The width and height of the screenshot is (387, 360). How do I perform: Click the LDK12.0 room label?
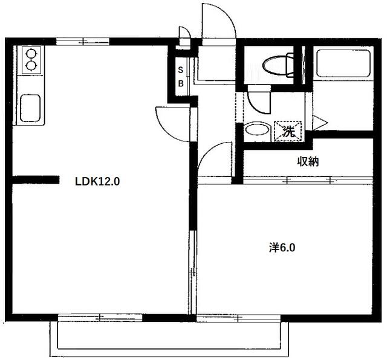pos(97,181)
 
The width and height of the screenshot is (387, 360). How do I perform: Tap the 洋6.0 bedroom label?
pos(282,247)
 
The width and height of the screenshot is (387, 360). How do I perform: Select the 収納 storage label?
pos(308,161)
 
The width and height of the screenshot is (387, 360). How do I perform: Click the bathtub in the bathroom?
pos(342,64)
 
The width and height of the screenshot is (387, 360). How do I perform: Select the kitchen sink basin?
pos(30,109)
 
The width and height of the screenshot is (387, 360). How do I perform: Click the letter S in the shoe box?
pos(180,69)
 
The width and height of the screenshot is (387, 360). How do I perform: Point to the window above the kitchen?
pos(83,42)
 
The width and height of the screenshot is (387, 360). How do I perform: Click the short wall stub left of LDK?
pos(36,179)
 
